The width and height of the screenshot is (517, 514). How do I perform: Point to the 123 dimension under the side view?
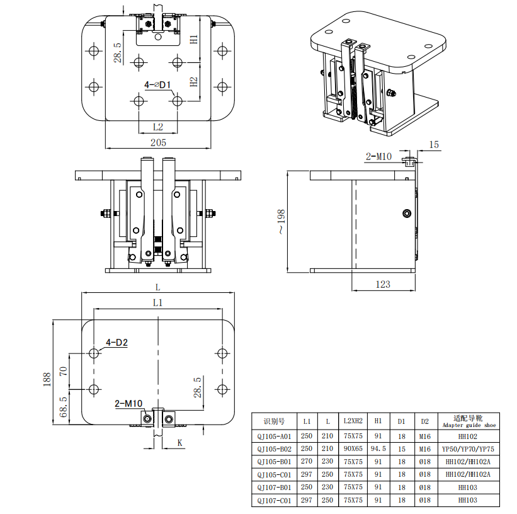pyautogui.click(x=383, y=284)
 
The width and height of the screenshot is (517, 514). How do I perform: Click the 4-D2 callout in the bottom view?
pyautogui.click(x=116, y=343)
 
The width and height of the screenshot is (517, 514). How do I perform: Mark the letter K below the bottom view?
pyautogui.click(x=179, y=443)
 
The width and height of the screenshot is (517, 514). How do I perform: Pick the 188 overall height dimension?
pyautogui.click(x=47, y=379)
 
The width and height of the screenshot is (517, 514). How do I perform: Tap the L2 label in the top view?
pyautogui.click(x=158, y=127)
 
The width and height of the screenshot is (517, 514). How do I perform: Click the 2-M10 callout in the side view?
pyautogui.click(x=379, y=156)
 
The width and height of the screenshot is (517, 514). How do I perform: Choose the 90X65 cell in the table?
pyautogui.click(x=353, y=449)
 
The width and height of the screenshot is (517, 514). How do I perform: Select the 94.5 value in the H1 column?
pyautogui.click(x=378, y=449)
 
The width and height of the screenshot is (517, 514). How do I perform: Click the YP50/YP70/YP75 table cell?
pyautogui.click(x=467, y=449)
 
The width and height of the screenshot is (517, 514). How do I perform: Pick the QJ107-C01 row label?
pyautogui.click(x=275, y=500)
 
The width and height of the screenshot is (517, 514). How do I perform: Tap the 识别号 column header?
pyautogui.click(x=275, y=420)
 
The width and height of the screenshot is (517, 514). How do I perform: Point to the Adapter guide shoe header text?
pyautogui.click(x=467, y=425)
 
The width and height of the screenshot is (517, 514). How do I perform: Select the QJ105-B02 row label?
pyautogui.click(x=275, y=449)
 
